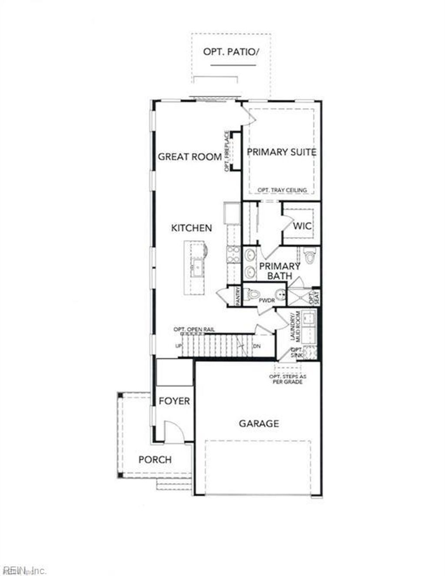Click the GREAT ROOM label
click(x=189, y=156)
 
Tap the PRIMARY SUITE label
click(x=282, y=152)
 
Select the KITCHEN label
click(x=191, y=228)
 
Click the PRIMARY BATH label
click(x=279, y=271)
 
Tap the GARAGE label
click(x=259, y=423)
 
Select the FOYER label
click(x=174, y=401)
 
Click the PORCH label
click(x=155, y=459)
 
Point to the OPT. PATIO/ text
click(x=231, y=52)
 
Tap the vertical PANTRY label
click(x=238, y=296)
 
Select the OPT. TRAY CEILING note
click(x=282, y=190)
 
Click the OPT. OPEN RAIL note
click(x=194, y=329)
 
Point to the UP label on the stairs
click(x=178, y=346)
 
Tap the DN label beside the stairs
click(x=257, y=346)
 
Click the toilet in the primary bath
click(x=309, y=256)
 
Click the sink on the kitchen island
click(x=196, y=266)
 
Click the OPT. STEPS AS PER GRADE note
click(x=286, y=379)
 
